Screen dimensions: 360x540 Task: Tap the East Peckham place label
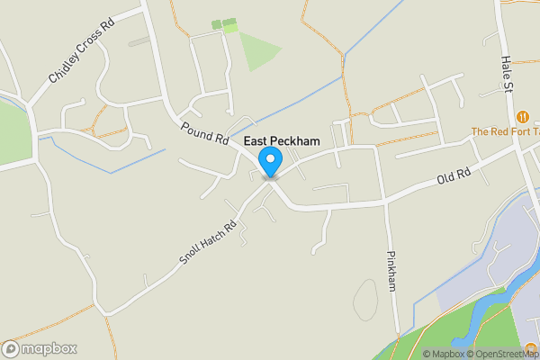[x=282, y=142]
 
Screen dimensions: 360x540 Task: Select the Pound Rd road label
[x=205, y=134]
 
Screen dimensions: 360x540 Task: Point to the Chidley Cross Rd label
[x=83, y=50]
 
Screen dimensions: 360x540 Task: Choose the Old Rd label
[x=454, y=179]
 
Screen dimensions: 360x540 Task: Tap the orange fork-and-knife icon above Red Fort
[x=523, y=116]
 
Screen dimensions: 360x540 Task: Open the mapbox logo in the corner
[x=40, y=348]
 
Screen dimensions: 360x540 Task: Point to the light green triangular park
[x=256, y=50]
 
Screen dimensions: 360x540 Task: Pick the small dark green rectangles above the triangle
[x=223, y=23]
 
